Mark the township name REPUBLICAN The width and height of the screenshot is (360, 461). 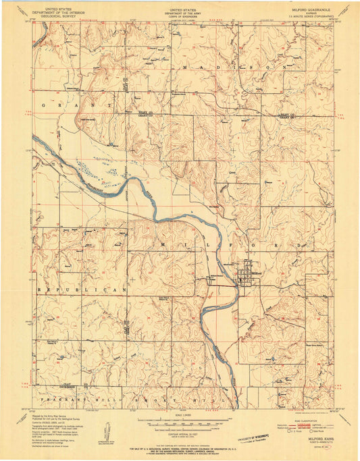[x=82, y=289]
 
